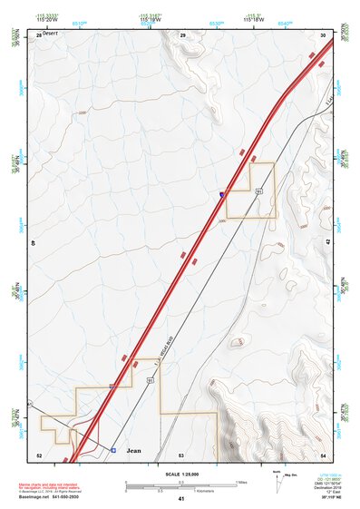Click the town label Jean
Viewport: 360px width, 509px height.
pyautogui.click(x=134, y=450)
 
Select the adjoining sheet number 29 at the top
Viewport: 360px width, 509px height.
pyautogui.click(x=183, y=34)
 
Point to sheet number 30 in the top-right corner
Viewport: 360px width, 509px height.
pyautogui.click(x=324, y=34)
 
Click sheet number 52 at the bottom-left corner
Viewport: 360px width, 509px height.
pyautogui.click(x=39, y=455)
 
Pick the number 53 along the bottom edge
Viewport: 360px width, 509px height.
pyautogui.click(x=181, y=455)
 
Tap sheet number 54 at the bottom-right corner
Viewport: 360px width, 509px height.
pyautogui.click(x=324, y=455)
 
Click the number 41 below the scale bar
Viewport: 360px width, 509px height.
pyautogui.click(x=181, y=499)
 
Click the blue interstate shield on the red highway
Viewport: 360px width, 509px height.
pyautogui.click(x=223, y=193)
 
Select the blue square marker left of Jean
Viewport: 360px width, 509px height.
pyautogui.click(x=113, y=450)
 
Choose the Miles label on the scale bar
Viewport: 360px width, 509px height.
pyautogui.click(x=243, y=482)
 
